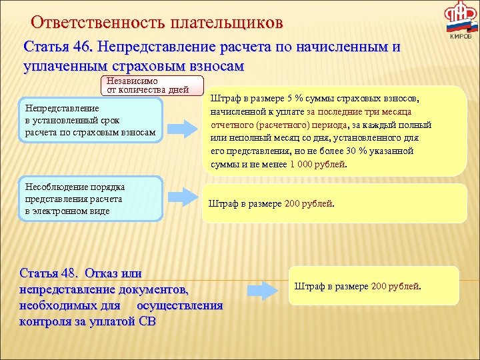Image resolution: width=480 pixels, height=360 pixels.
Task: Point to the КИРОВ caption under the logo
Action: click(461, 37)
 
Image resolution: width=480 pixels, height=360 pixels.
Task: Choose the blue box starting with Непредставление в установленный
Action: click(91, 120)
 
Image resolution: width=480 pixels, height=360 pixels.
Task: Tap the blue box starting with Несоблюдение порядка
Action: click(91, 199)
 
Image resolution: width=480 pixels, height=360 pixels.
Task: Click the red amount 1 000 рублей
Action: click(318, 164)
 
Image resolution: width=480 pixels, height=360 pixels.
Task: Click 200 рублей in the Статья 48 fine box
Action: click(395, 286)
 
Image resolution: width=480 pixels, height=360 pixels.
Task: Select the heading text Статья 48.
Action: click(49, 273)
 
